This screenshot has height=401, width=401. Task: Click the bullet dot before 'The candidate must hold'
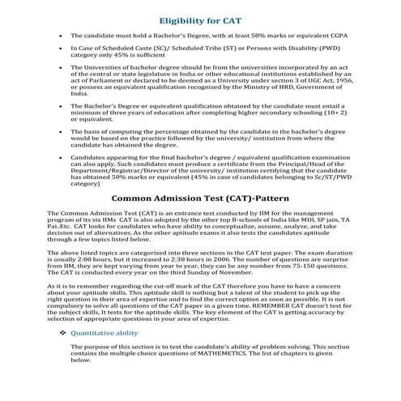[x=62, y=37]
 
